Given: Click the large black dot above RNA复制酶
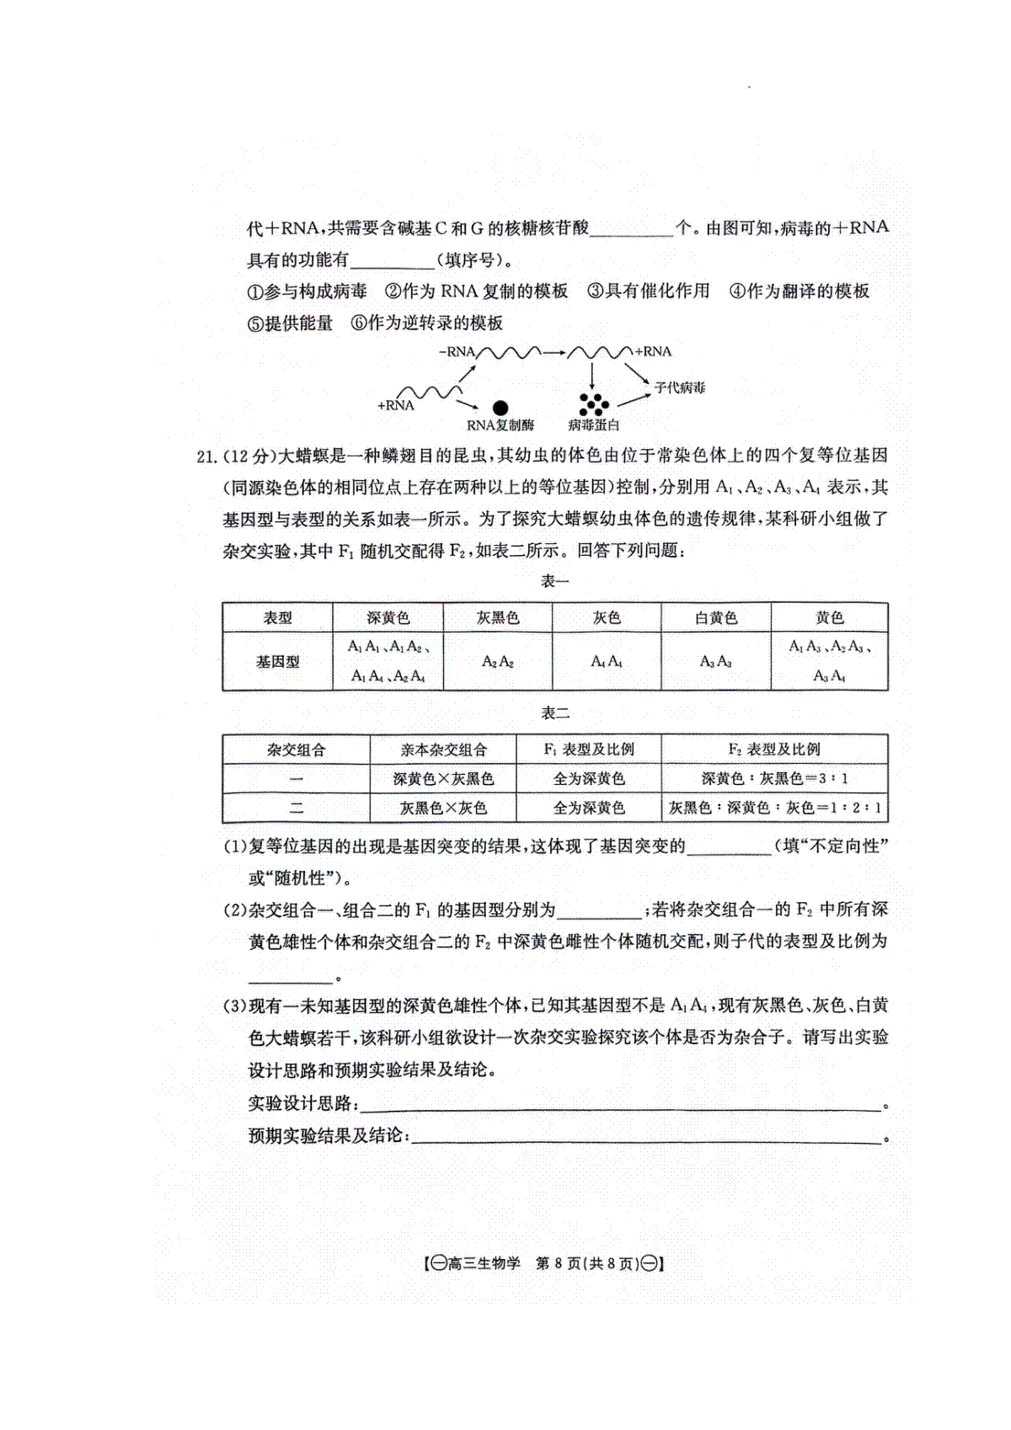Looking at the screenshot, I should [x=500, y=408].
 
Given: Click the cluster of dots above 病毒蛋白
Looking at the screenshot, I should [x=593, y=403].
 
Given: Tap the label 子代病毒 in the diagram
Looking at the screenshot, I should [x=679, y=387].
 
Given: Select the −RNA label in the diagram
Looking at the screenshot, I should [x=457, y=352].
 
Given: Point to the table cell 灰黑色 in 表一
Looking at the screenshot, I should [x=497, y=617].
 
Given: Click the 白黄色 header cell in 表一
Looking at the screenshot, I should [x=715, y=617].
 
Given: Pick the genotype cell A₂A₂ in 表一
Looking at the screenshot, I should [x=497, y=662].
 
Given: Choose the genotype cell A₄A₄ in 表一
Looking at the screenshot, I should [x=606, y=662].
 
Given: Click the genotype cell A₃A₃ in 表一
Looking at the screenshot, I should [x=715, y=662].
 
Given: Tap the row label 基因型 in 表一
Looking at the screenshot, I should [x=277, y=662].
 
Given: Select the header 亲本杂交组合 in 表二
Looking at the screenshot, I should [x=443, y=750].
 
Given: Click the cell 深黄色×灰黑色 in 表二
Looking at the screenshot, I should [x=443, y=779].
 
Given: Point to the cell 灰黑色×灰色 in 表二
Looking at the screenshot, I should [x=443, y=808].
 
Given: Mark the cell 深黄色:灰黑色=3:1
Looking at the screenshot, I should [x=774, y=779].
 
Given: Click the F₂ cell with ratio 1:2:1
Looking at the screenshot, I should [x=774, y=808].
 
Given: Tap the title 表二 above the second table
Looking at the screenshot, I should [x=554, y=713].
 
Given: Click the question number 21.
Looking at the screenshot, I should [x=207, y=456].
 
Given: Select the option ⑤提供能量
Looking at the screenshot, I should [x=291, y=323].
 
